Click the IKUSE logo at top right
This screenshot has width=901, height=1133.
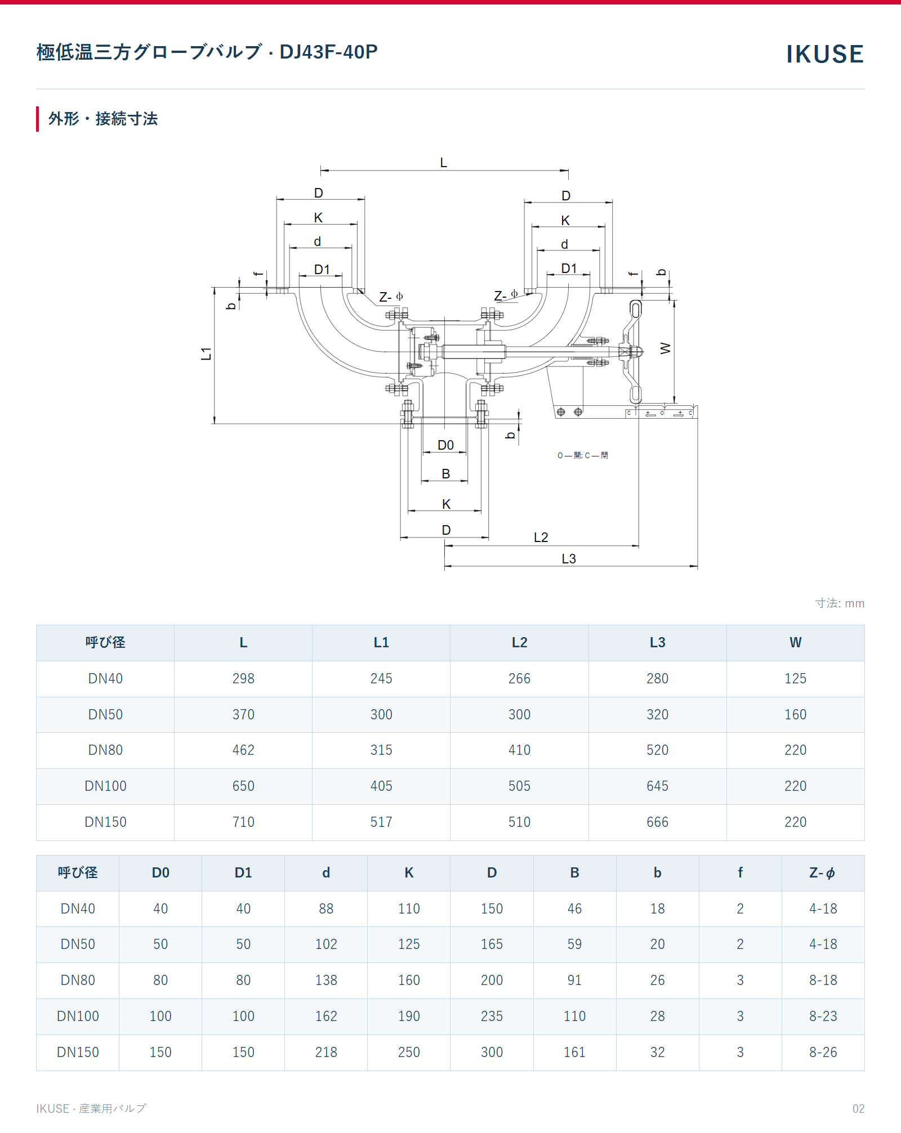pyautogui.click(x=825, y=54)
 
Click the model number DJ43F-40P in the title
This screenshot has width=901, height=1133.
pyautogui.click(x=328, y=52)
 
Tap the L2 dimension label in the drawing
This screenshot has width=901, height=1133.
pyautogui.click(x=541, y=538)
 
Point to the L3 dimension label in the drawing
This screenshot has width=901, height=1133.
pyautogui.click(x=569, y=559)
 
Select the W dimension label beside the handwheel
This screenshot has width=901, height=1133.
pyautogui.click(x=666, y=348)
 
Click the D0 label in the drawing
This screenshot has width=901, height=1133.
pyautogui.click(x=445, y=445)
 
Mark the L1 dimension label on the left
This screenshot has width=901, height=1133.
pyautogui.click(x=207, y=353)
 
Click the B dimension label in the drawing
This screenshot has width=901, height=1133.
pyautogui.click(x=446, y=474)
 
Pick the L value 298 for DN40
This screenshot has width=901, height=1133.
pyautogui.click(x=243, y=679)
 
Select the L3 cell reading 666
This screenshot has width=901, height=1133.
pyautogui.click(x=657, y=822)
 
